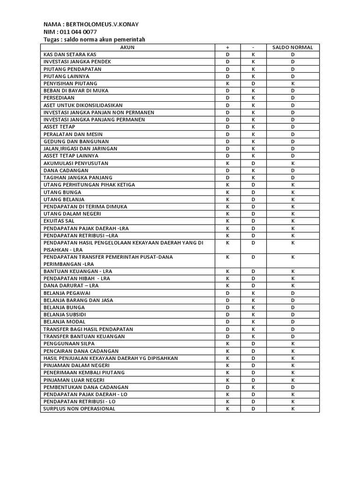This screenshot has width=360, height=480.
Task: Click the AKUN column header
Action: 127,47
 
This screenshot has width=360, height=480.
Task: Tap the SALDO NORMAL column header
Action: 292,47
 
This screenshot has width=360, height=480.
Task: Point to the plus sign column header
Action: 227,47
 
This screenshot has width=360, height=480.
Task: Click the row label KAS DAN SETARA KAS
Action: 70,54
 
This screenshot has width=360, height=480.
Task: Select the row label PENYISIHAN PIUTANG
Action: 70,83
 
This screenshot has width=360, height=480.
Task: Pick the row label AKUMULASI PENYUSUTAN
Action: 75,163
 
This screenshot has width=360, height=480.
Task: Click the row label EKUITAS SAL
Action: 59,221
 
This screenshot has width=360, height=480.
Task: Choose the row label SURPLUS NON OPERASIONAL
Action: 79,409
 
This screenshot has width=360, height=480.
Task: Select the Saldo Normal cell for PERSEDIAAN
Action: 292,98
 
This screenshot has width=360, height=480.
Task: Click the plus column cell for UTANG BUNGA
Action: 227,192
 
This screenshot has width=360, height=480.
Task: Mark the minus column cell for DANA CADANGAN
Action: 253,170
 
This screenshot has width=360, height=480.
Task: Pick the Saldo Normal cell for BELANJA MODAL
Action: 292,322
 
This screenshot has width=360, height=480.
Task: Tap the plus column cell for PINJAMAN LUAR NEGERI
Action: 227,380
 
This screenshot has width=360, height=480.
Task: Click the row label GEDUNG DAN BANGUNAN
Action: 76,142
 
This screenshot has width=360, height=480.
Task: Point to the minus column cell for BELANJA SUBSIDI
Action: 253,315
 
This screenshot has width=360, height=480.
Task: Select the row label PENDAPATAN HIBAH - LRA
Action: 76,278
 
